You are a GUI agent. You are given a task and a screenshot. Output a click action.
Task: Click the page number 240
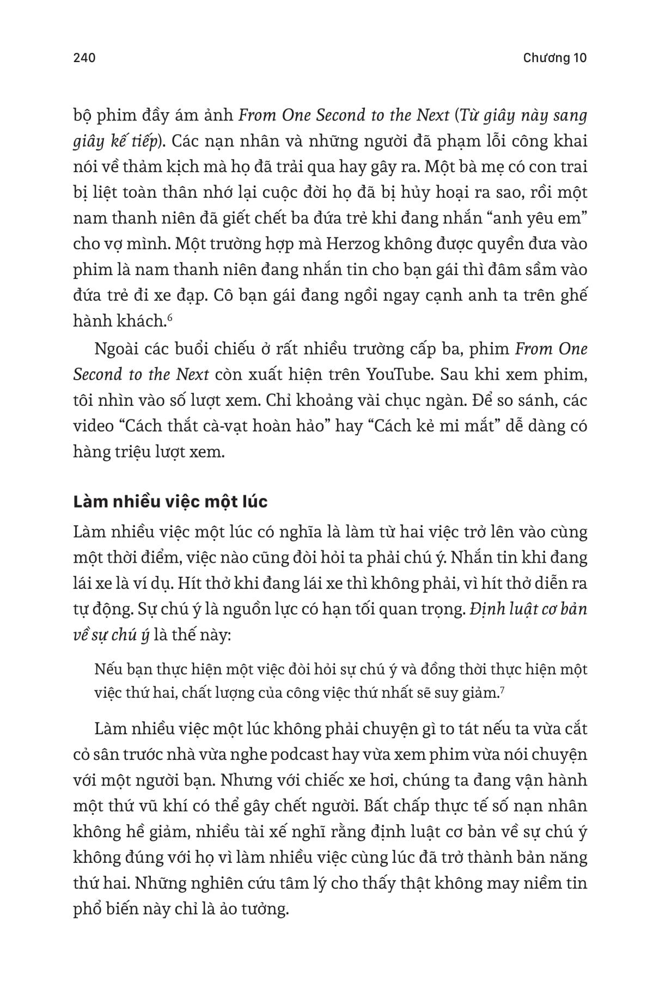(84, 58)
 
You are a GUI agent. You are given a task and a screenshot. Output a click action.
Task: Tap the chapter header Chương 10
(554, 58)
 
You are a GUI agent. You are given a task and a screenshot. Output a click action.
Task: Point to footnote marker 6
(170, 318)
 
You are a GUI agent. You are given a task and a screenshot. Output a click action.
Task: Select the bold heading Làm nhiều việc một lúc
(170, 501)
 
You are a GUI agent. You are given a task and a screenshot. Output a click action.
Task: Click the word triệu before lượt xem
(137, 452)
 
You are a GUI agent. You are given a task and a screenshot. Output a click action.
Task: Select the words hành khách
(119, 321)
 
